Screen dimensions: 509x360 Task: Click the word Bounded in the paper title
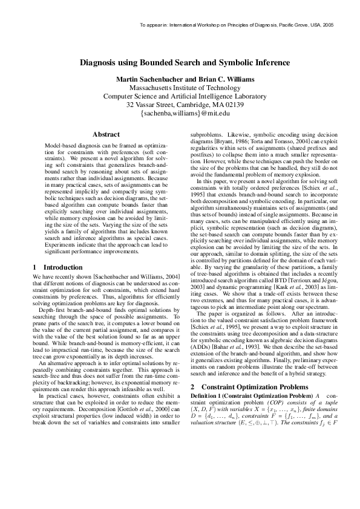pyautogui.click(x=159, y=63)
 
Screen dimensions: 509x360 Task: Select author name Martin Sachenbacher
pyautogui.click(x=149, y=79)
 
